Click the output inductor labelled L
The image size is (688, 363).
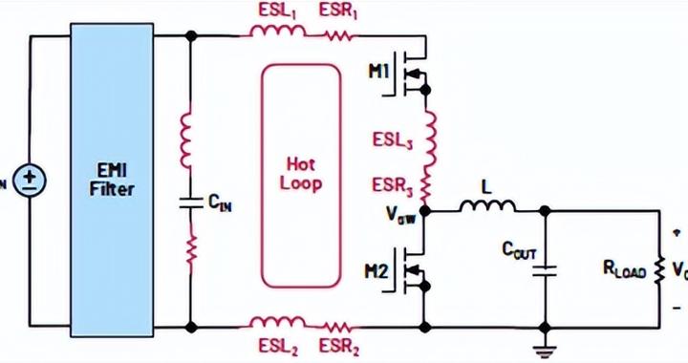coord(488,207)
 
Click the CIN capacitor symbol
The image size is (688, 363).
coord(190,203)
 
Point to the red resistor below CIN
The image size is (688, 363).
coord(190,251)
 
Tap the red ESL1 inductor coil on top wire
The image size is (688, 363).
coord(278,34)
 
